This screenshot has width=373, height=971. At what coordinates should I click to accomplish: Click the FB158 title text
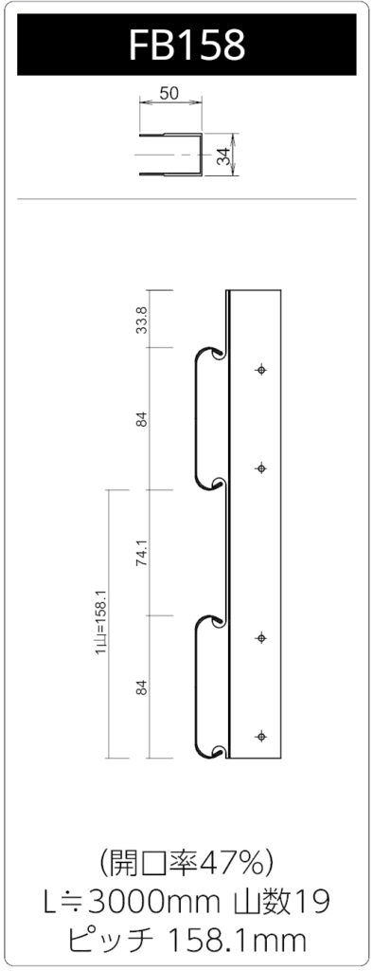pyautogui.click(x=186, y=45)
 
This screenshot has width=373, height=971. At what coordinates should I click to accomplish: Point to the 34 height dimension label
pyautogui.click(x=226, y=155)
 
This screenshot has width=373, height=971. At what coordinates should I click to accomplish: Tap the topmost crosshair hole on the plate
pyautogui.click(x=261, y=370)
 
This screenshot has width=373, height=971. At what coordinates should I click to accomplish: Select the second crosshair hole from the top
pyautogui.click(x=261, y=468)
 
